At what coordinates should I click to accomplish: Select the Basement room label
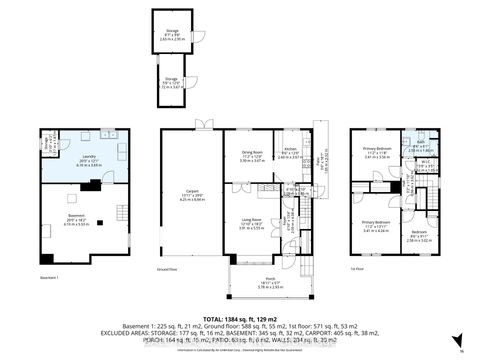(68, 221)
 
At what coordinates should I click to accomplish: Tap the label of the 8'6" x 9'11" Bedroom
(417, 237)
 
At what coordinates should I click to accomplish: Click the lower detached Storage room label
(171, 84)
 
